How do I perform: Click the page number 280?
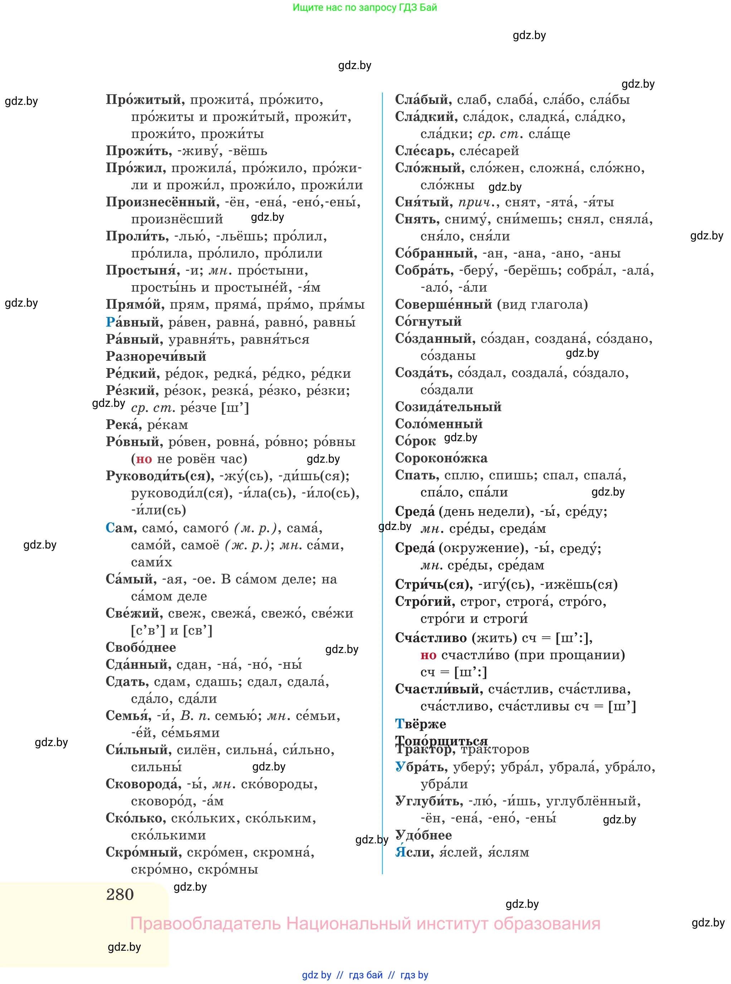pos(120,895)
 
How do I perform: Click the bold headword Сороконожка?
pos(441,458)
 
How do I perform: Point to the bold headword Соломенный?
pos(439,424)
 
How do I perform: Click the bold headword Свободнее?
pos(141,648)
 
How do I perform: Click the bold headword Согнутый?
pos(428,322)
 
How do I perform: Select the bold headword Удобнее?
pos(424,836)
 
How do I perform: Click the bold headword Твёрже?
pos(420,724)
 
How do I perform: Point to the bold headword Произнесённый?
pos(162,203)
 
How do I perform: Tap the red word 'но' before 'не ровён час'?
pos(144,459)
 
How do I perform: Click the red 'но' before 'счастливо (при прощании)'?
pos(428,655)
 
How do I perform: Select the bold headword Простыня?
pos(142,271)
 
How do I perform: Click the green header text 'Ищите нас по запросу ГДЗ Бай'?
pos(365,8)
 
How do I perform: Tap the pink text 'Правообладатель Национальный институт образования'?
pos(365,924)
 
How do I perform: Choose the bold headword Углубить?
pos(429,801)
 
